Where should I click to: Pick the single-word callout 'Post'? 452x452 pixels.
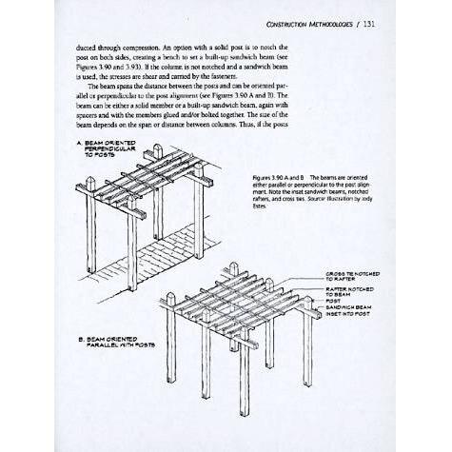[334, 301]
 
